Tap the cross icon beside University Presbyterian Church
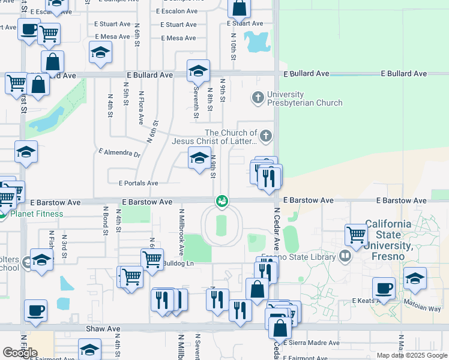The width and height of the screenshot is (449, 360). pos(258,96)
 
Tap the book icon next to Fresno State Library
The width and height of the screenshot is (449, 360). pos(345,257)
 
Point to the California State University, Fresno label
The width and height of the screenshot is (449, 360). pos(388,235)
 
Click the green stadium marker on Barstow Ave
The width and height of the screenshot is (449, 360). pos(222,201)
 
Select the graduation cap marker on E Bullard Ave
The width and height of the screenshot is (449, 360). pos(198,71)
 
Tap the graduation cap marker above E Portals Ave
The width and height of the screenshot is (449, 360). pos(200,158)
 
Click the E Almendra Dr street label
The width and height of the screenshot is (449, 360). pos(119,153)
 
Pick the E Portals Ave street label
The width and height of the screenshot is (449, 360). pos(138,183)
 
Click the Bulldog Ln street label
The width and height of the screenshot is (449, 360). pos(178,263)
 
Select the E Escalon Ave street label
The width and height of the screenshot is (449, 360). pos(176,11)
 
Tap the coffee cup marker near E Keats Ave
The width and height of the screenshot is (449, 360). pos(384,288)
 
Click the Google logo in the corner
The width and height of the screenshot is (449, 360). pos(20,353)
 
